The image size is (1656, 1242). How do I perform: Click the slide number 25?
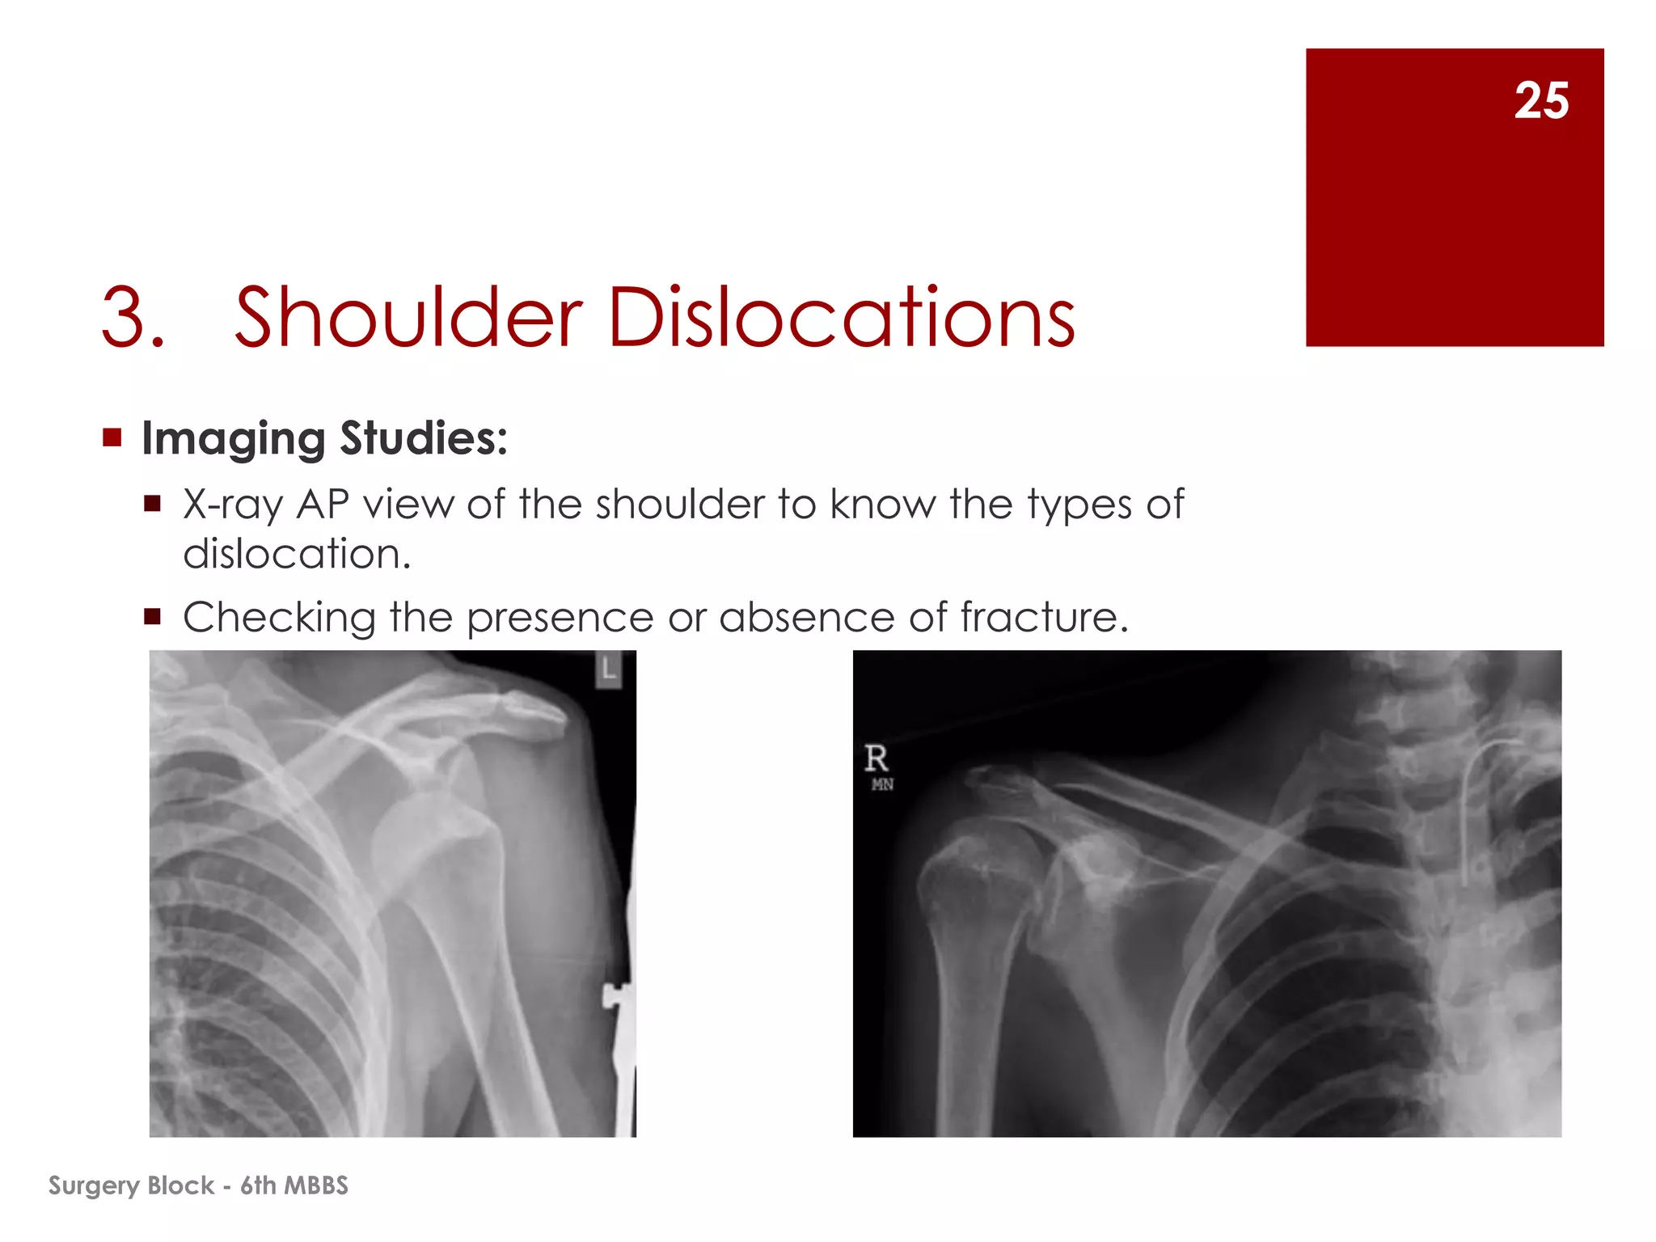coord(1541,101)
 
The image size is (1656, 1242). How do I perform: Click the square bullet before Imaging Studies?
coord(112,438)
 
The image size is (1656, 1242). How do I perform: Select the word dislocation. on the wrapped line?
coord(297,555)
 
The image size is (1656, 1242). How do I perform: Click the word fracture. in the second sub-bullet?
coord(1044,618)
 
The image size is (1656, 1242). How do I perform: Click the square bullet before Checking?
coord(153,618)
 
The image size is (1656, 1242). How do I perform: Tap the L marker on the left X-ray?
coord(608,670)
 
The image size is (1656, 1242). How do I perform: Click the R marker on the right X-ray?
coord(877,758)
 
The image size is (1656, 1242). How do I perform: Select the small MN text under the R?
coord(882,784)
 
